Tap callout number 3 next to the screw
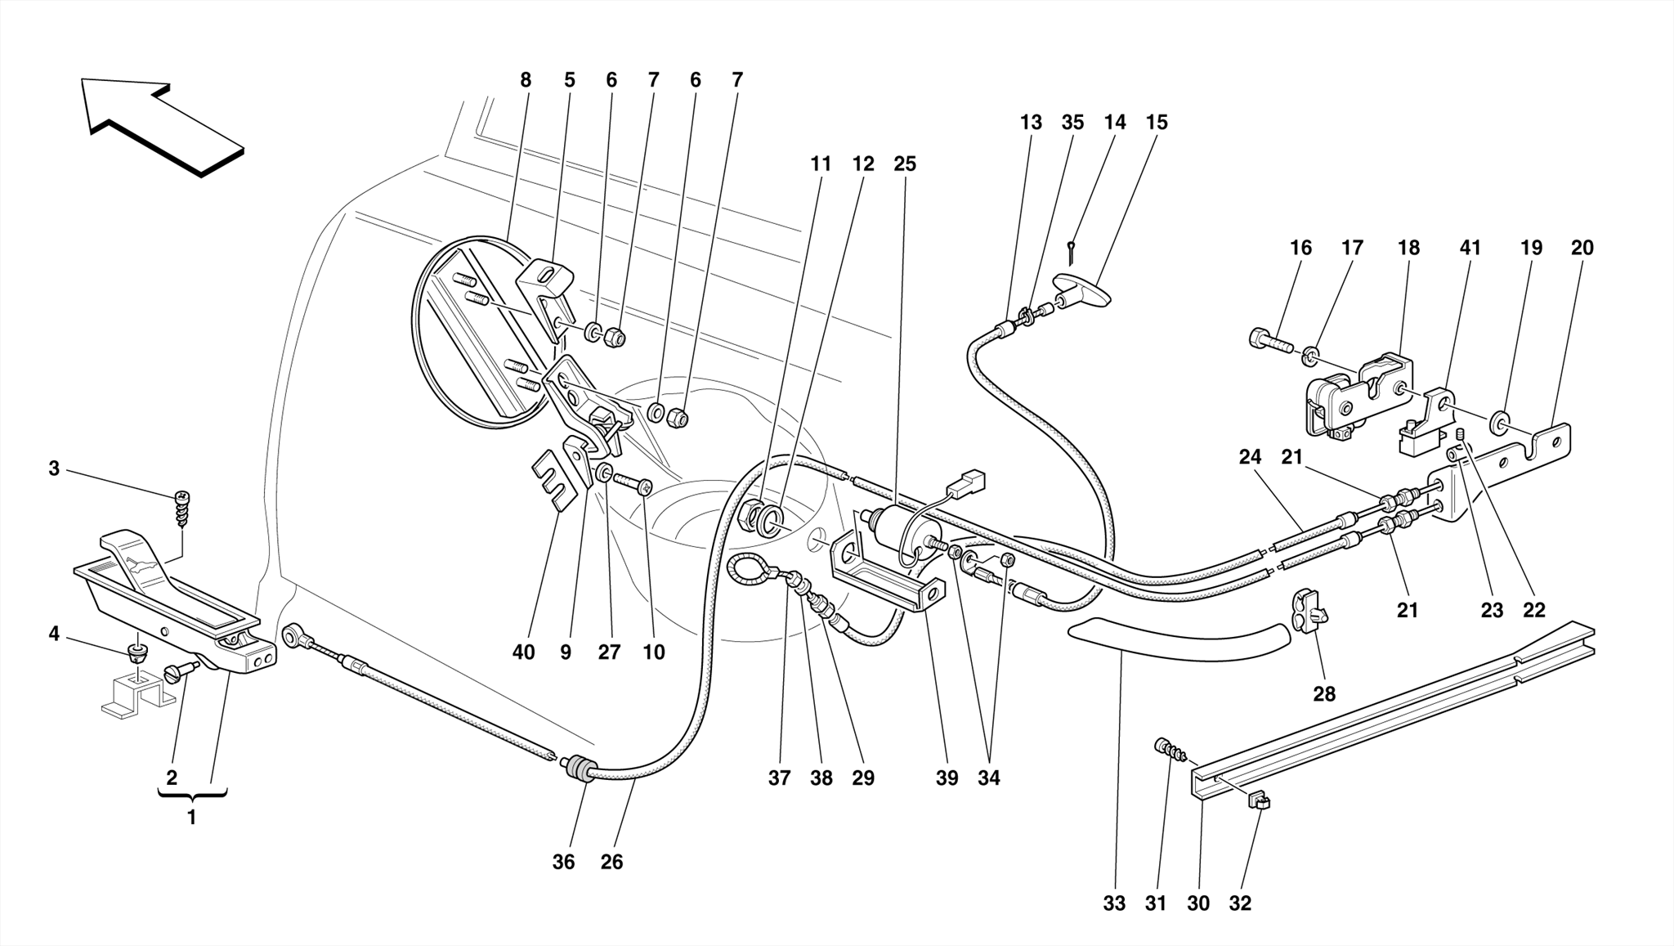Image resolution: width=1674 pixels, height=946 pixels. point(54,469)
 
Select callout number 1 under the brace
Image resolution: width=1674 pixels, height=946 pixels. point(191,817)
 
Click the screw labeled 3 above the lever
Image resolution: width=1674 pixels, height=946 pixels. point(182,509)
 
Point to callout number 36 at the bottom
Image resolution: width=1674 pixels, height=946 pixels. point(563,862)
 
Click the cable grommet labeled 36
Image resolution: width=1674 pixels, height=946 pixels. point(579,769)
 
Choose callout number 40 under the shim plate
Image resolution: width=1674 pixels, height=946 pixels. point(523,652)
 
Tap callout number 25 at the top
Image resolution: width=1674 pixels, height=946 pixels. point(904,164)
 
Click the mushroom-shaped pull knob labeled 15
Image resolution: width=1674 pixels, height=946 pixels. point(1083,291)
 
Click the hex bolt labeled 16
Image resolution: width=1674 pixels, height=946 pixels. point(1269,340)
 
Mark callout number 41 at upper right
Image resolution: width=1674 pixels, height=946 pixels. point(1470,247)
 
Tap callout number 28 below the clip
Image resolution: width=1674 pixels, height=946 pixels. point(1324,694)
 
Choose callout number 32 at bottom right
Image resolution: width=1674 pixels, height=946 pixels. point(1240,903)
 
